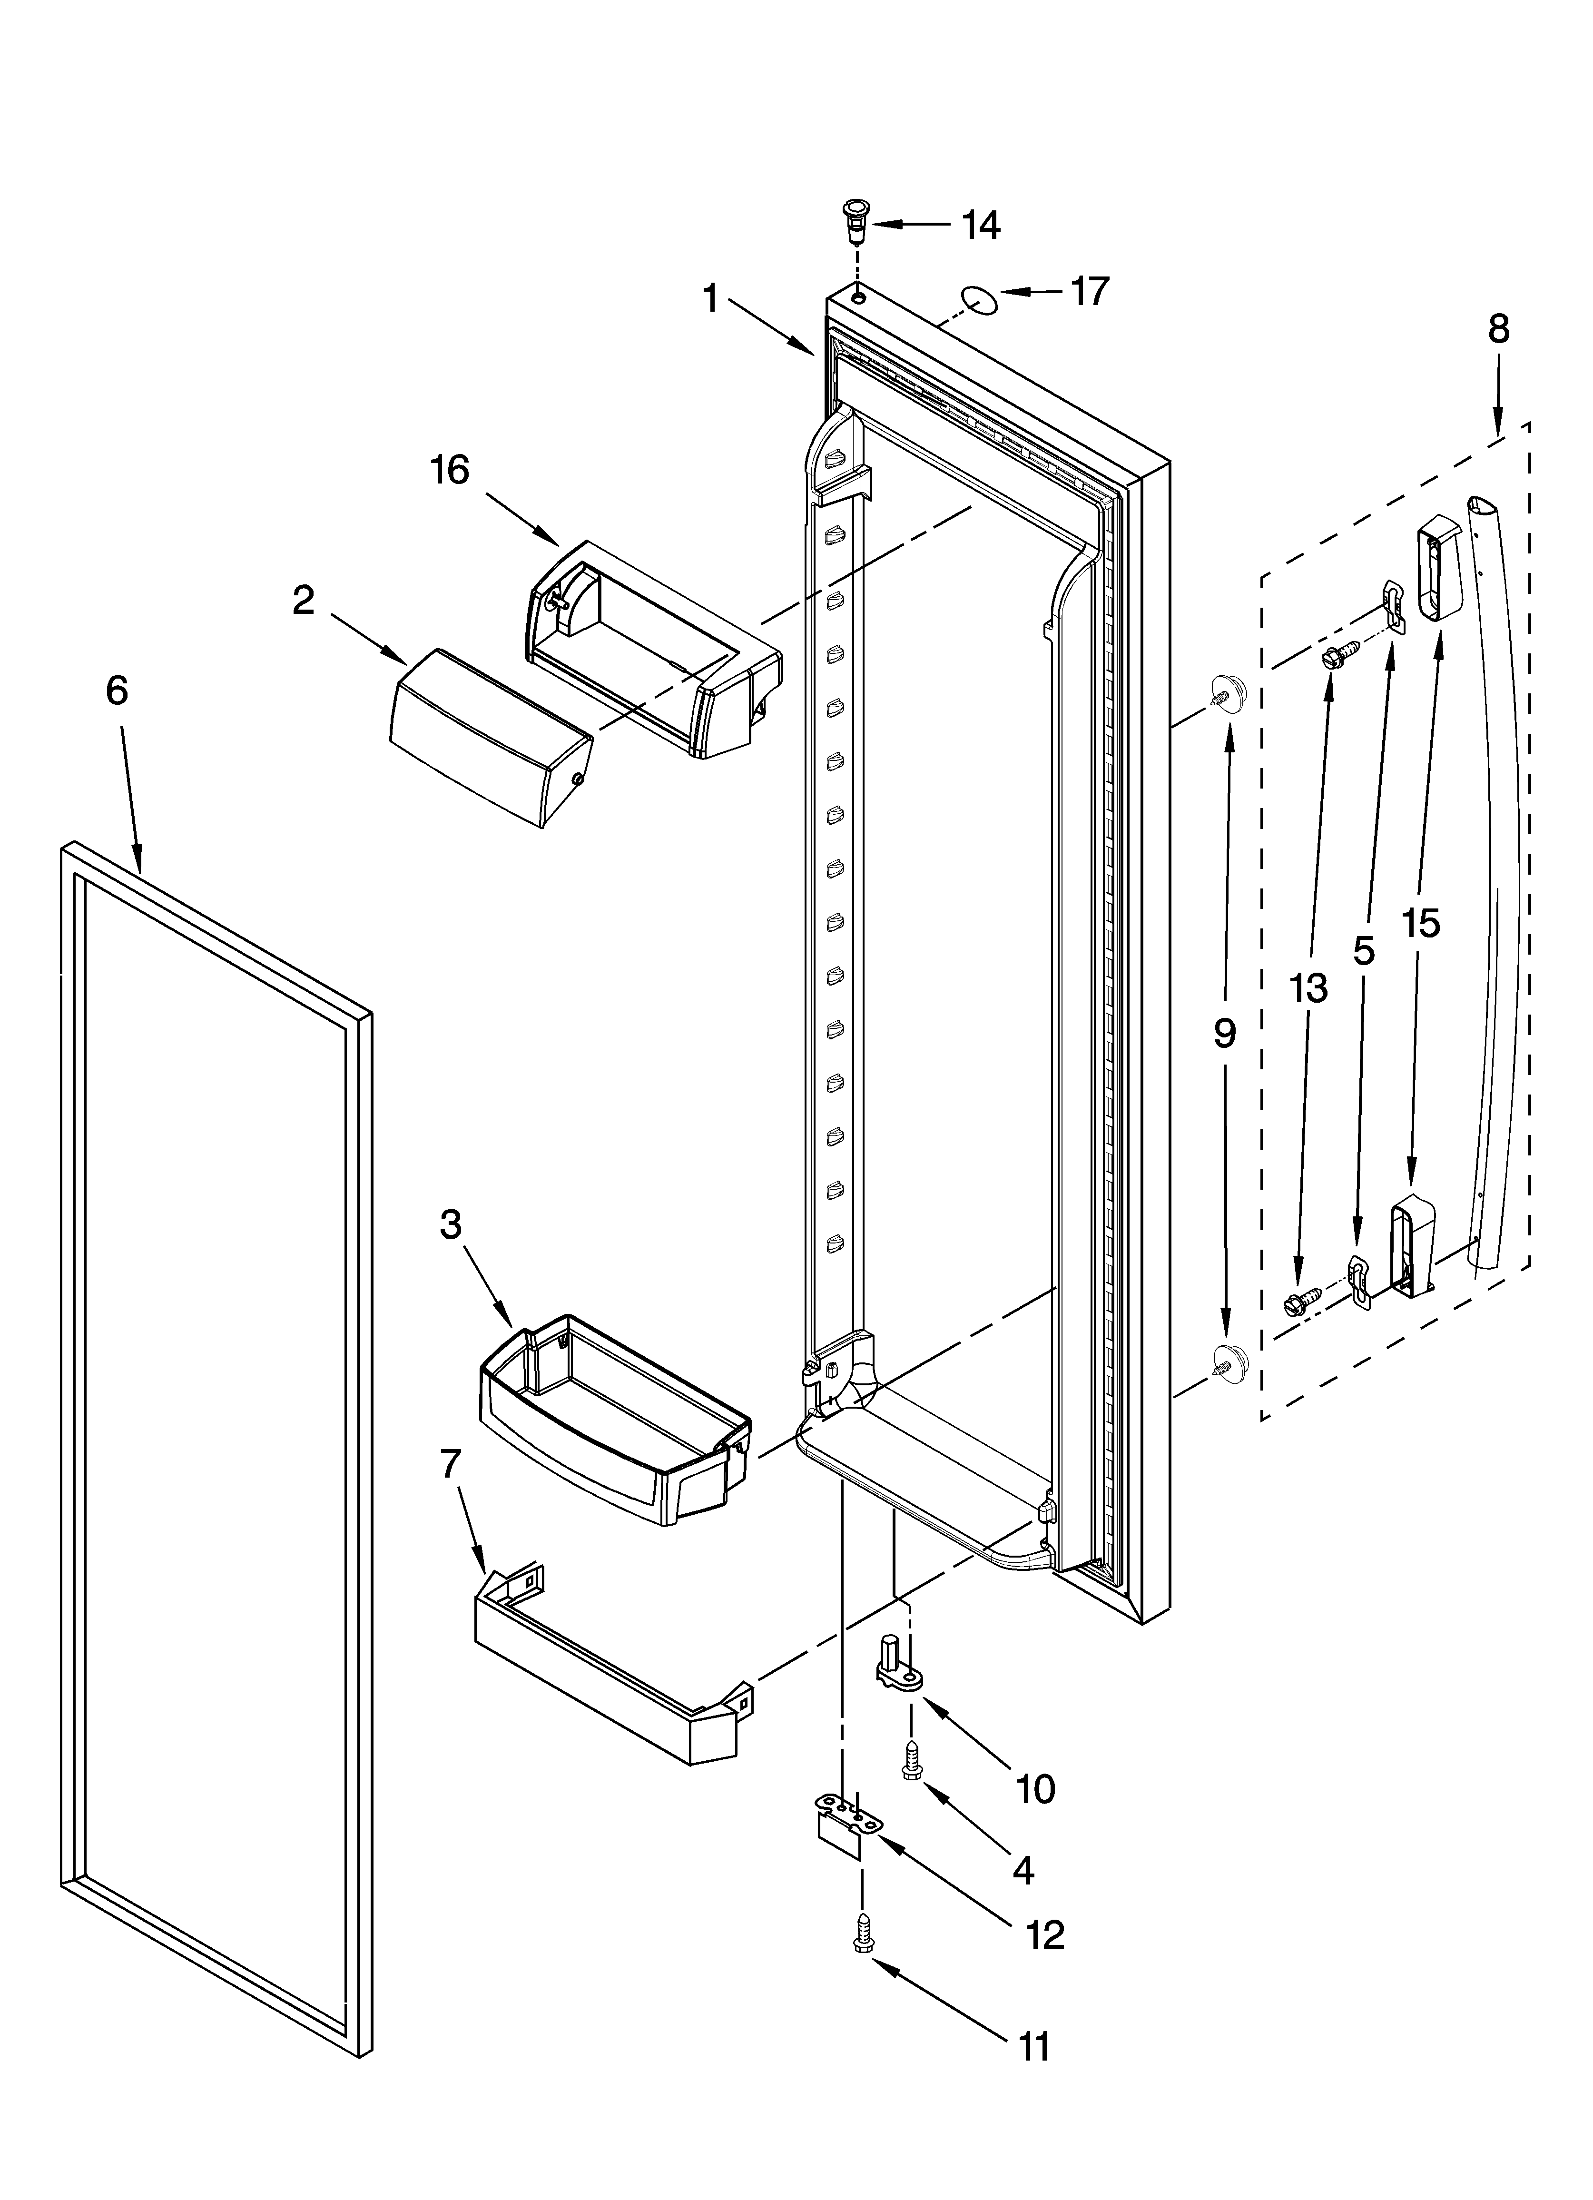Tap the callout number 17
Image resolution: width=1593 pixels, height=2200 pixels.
1090,291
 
